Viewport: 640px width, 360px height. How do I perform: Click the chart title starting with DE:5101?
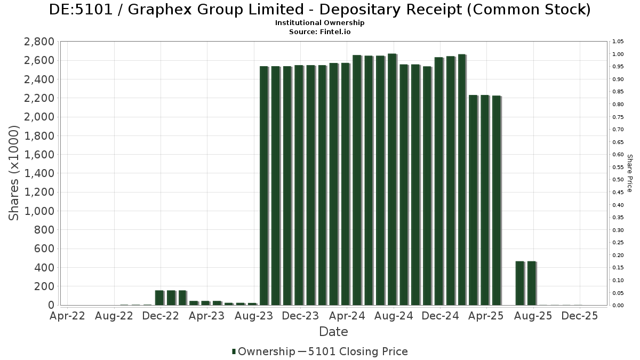319,10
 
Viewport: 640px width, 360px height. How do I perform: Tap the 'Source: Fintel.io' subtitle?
319,31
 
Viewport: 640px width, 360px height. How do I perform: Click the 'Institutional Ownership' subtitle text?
319,23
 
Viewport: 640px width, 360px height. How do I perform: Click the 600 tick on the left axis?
44,249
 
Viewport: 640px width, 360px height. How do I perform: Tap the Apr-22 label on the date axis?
67,316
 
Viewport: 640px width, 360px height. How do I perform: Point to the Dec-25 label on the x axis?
580,316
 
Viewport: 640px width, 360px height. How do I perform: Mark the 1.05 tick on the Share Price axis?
618,42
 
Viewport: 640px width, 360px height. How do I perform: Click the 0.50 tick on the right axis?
618,180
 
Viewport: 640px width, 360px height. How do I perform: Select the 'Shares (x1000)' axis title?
15,173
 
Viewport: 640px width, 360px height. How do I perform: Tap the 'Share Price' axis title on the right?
630,173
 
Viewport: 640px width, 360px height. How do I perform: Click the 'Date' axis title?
333,332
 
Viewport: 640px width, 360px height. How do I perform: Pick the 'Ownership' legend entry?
263,351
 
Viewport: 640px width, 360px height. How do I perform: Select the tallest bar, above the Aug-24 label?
391,179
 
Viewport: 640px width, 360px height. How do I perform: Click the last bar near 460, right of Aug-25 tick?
531,283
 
